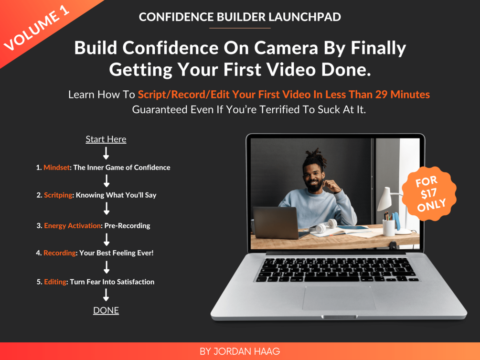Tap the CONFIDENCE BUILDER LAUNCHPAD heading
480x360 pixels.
[x=240, y=17]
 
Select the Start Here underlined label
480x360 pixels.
[x=106, y=139]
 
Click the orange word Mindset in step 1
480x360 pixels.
[x=56, y=168]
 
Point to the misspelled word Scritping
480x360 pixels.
[x=58, y=195]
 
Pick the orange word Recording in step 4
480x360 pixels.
[x=60, y=253]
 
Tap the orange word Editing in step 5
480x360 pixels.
[x=55, y=282]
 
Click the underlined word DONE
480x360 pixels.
[x=106, y=310]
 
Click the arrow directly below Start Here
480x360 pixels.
[x=106, y=153]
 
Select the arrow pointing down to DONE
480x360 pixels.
[x=106, y=295]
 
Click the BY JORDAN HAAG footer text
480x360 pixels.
[x=240, y=352]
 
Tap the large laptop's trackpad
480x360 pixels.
[x=339, y=298]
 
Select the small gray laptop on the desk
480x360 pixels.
[x=276, y=222]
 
